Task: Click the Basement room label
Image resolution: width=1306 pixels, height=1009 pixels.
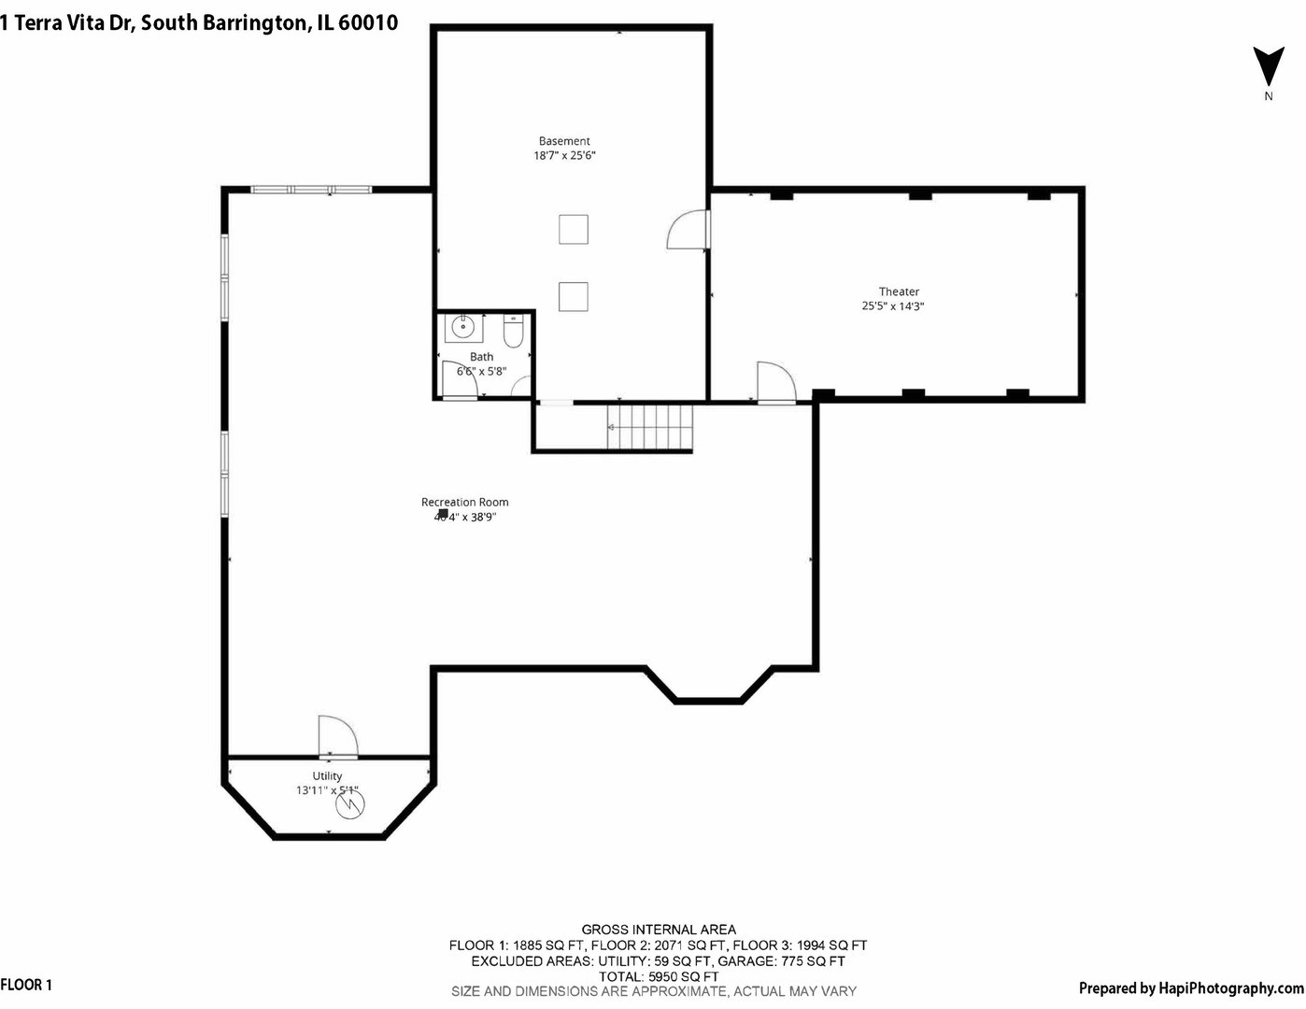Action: pos(564,141)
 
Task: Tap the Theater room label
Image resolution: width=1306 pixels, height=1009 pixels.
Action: pos(899,291)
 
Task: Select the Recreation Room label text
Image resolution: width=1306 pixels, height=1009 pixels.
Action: pos(464,502)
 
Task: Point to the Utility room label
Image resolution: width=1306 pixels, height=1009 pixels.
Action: pos(327,775)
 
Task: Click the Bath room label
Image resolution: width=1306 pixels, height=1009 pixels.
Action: pos(481,356)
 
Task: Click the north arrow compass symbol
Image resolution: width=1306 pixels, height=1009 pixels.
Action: pos(1268,67)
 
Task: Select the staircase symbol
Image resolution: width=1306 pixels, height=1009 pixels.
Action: pos(650,427)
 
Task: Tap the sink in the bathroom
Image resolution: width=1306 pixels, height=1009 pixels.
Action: pos(462,328)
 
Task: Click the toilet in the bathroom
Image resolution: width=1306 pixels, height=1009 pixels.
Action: pos(513,331)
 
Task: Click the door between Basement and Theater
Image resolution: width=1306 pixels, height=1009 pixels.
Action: pos(689,230)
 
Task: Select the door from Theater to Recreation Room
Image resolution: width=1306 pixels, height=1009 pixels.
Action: pos(775,382)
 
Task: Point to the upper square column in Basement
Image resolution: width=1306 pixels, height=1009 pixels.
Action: pos(573,229)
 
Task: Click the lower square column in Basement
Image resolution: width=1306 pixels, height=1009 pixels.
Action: pos(573,296)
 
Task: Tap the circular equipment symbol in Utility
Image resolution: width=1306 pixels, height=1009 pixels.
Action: pos(351,804)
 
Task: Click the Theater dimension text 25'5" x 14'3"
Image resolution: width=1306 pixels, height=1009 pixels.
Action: pos(892,306)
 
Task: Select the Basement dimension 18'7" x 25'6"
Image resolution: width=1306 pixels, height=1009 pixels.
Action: pos(564,155)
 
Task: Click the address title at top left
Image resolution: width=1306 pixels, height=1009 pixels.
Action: pos(199,22)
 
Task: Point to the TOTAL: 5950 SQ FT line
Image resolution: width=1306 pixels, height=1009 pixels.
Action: pos(659,976)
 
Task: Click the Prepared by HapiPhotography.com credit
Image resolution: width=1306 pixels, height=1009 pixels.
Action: pos(1190,988)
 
